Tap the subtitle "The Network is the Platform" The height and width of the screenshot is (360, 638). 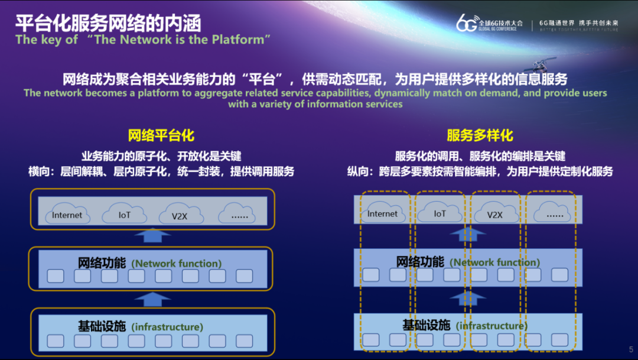point(144,40)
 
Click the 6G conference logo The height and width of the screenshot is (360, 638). point(489,24)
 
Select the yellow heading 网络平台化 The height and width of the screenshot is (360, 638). point(161,135)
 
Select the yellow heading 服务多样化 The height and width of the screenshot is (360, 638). point(480,135)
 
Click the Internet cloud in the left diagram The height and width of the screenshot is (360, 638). point(67,214)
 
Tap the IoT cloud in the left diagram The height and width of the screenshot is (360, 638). point(124,214)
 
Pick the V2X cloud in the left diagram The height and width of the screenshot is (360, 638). point(179,215)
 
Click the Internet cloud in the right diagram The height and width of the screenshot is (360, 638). point(382,213)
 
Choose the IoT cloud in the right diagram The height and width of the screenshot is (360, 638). point(440,213)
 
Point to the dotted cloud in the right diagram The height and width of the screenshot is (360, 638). point(554,213)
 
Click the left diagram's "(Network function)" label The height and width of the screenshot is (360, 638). point(177,263)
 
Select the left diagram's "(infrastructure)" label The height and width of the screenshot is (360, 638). point(167,326)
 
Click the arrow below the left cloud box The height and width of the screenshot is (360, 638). point(152,235)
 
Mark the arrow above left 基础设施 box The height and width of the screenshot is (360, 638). point(152,299)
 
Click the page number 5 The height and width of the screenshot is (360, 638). point(630,349)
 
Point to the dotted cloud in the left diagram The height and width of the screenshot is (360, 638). point(239,214)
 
